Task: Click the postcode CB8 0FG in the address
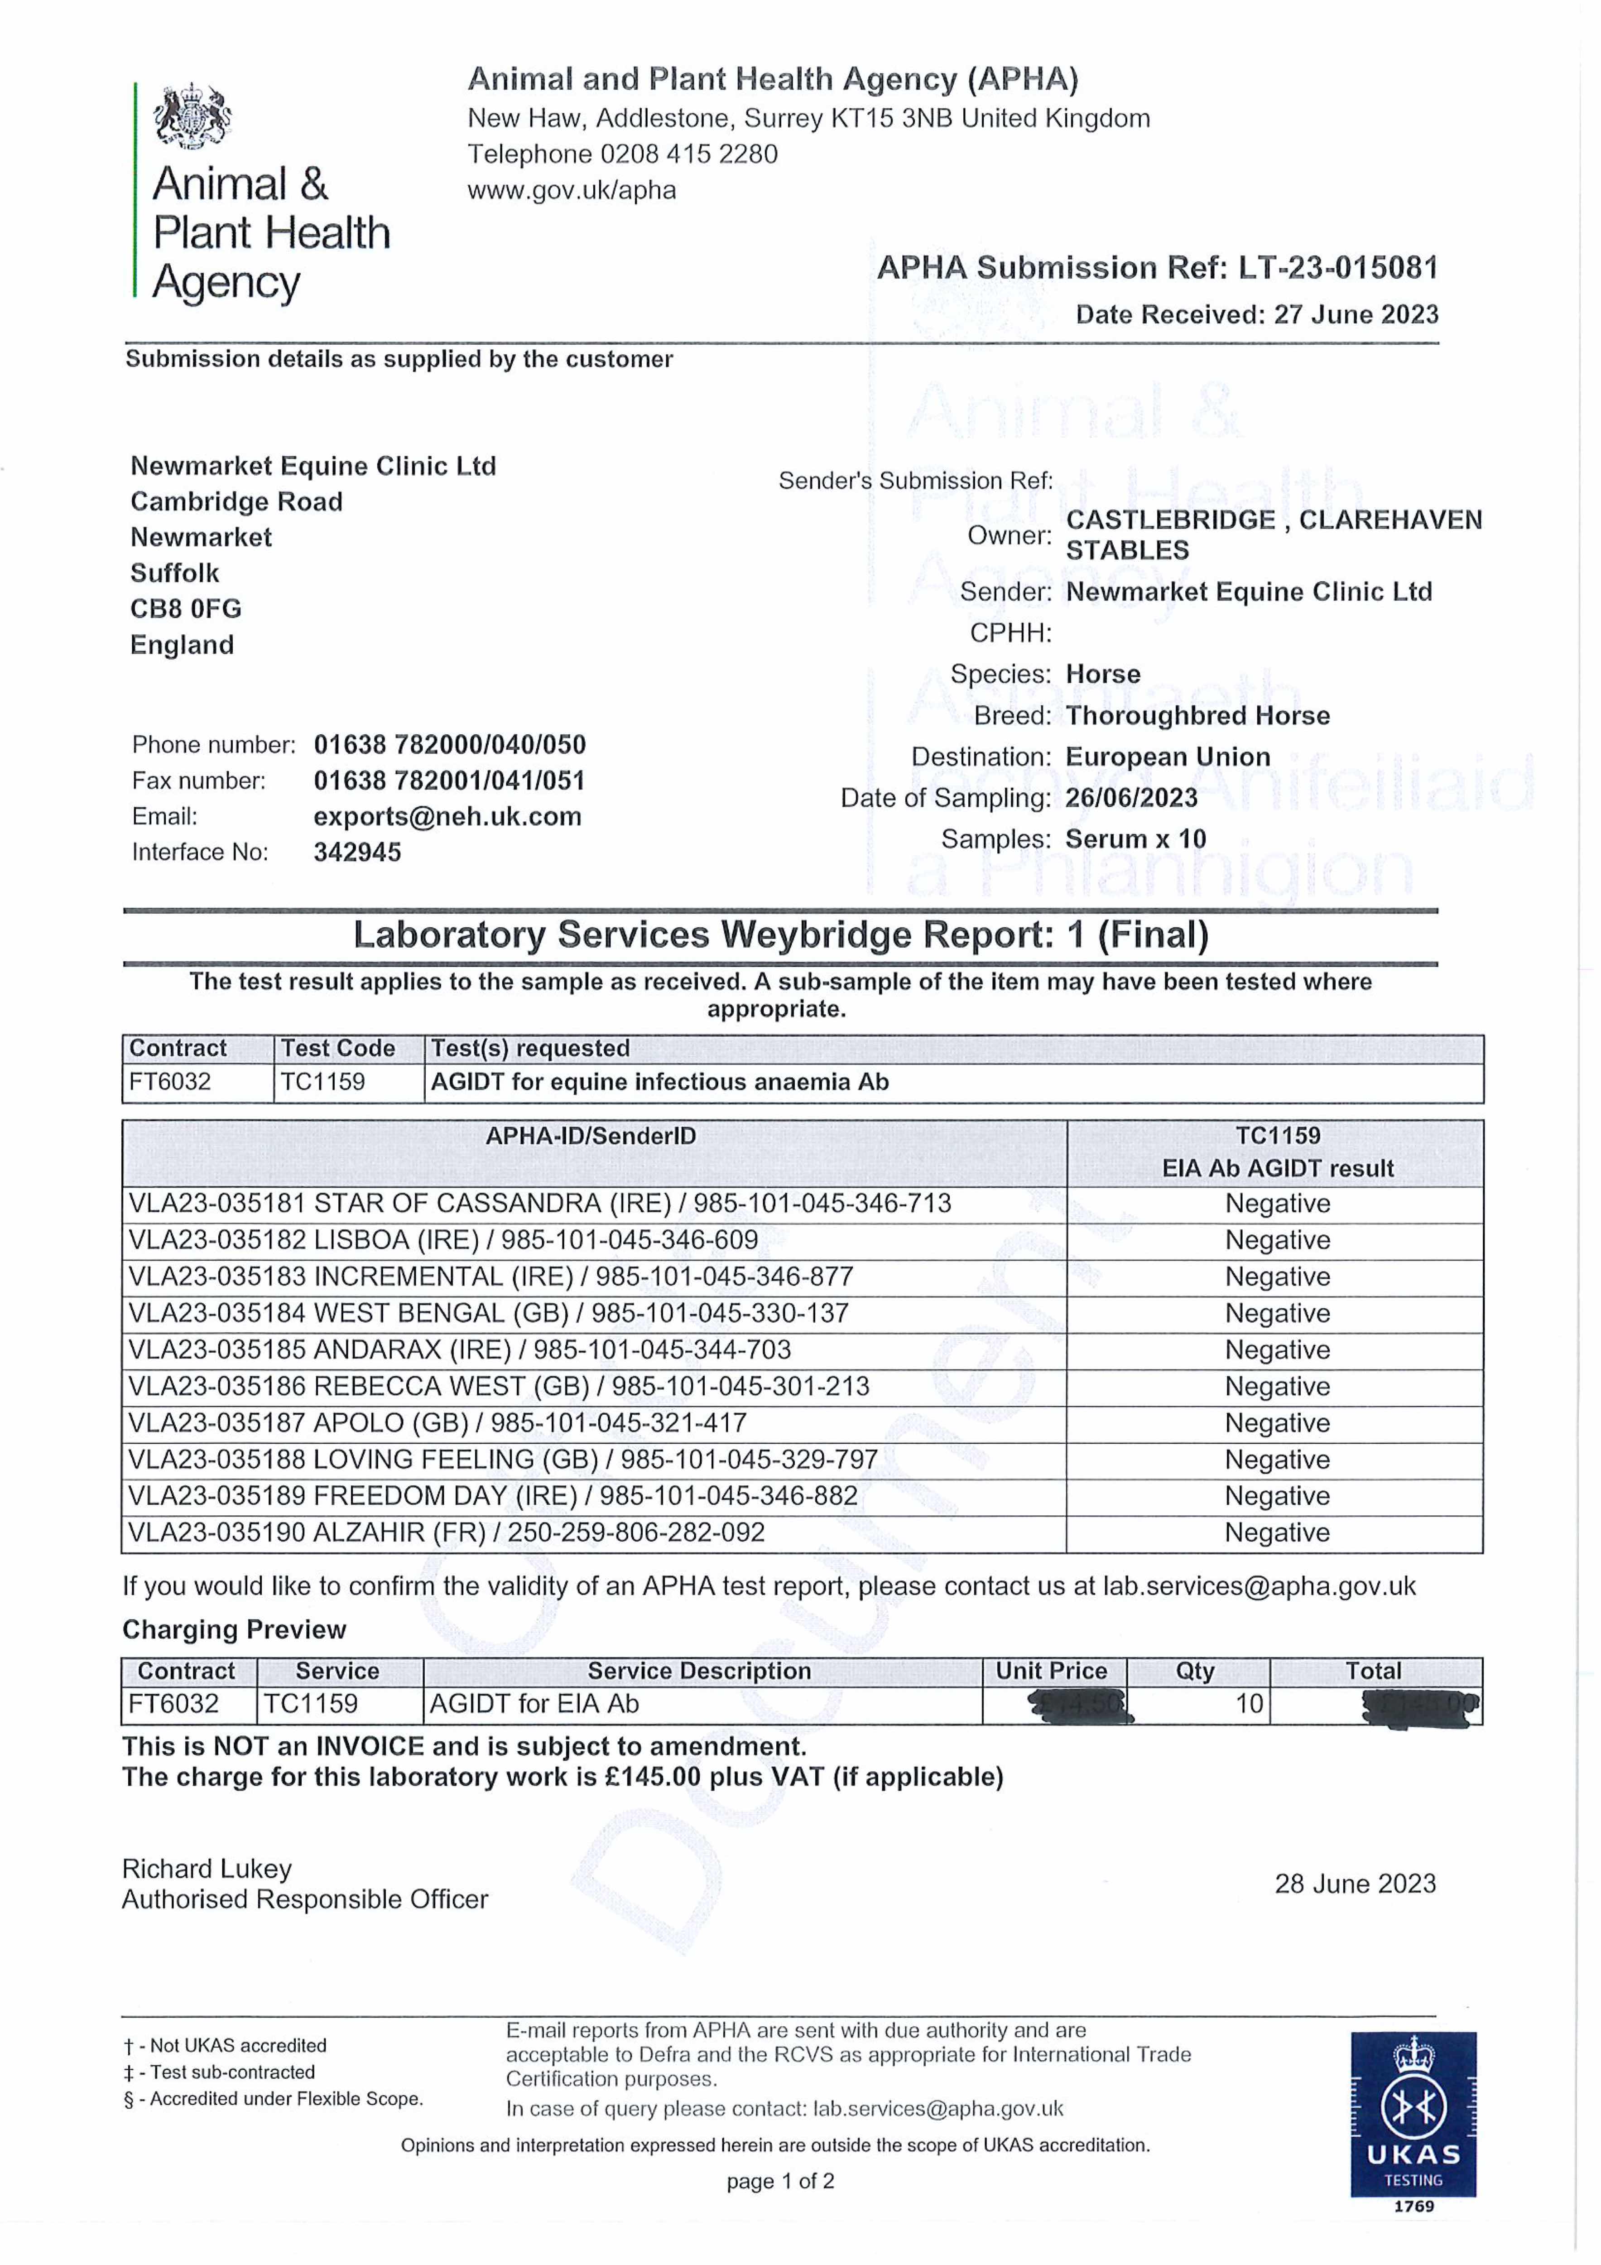(x=185, y=609)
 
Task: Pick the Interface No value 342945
(x=357, y=853)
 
